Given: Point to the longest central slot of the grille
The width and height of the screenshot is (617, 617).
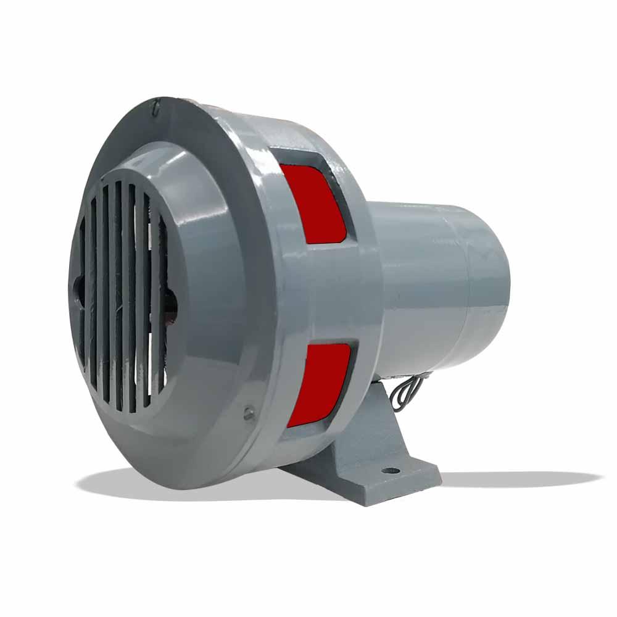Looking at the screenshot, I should click(117, 296).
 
